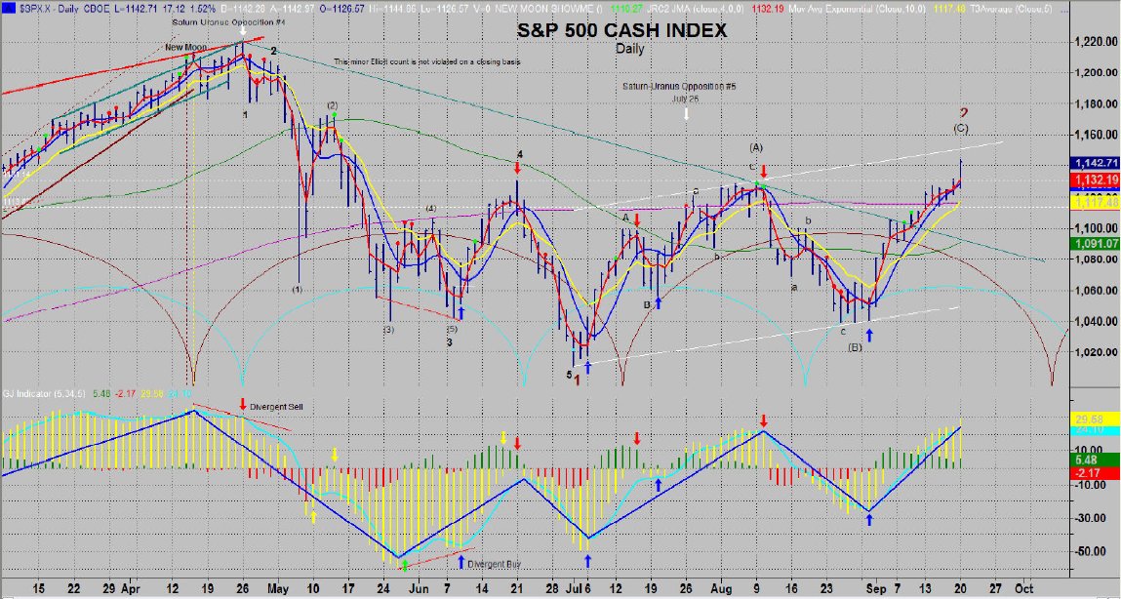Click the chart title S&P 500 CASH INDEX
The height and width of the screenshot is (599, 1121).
621,31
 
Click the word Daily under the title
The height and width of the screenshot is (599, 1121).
630,48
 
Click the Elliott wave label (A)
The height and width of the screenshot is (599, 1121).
755,147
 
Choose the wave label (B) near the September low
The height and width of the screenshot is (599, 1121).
855,346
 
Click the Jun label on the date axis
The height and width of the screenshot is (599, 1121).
418,589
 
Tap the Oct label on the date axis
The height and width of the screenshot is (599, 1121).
1023,589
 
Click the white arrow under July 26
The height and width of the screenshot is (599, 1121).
686,113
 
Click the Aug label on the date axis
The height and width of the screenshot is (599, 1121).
721,589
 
